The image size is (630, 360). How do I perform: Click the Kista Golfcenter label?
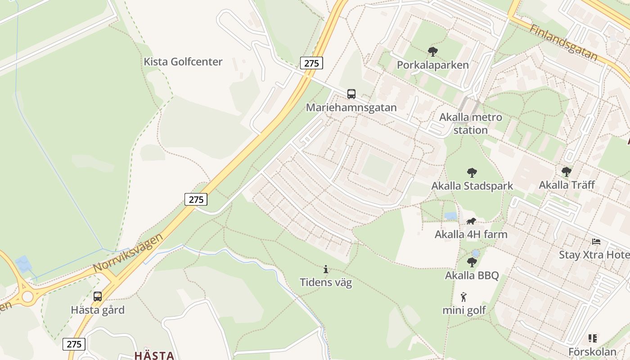click(183, 62)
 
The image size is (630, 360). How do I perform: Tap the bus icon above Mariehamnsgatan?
click(351, 94)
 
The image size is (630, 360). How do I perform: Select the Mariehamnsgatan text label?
click(351, 108)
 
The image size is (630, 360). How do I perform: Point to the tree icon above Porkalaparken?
click(433, 52)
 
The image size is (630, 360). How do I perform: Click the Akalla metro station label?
click(471, 124)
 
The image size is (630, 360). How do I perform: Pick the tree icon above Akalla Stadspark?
click(472, 172)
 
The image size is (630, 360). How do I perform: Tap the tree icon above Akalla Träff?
click(567, 171)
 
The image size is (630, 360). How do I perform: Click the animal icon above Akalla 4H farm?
click(471, 221)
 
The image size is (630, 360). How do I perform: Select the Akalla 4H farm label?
click(471, 234)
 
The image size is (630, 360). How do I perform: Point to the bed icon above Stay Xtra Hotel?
click(596, 242)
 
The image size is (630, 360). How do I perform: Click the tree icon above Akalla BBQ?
click(472, 262)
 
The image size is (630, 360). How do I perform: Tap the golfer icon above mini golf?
click(464, 297)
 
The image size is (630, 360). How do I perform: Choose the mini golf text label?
click(464, 310)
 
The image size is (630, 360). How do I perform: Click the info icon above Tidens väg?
click(326, 270)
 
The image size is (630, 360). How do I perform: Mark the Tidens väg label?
click(326, 283)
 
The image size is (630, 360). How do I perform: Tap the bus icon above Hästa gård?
click(98, 297)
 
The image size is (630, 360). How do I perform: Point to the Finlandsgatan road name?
click(563, 43)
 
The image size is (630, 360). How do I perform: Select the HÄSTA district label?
click(154, 355)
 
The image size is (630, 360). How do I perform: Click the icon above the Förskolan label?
click(592, 338)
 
